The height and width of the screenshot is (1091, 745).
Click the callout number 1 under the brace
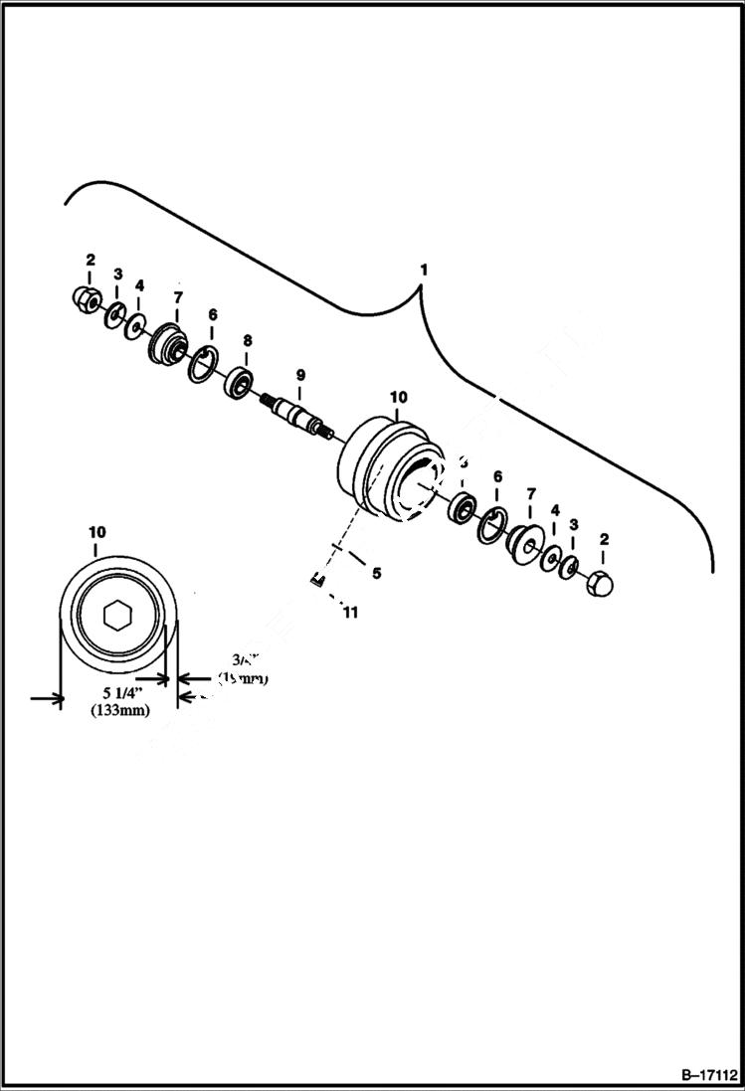click(x=424, y=270)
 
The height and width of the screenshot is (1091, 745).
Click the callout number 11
click(x=349, y=613)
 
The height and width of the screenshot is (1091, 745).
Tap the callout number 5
click(x=376, y=573)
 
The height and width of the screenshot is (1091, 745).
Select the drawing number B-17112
click(x=710, y=1075)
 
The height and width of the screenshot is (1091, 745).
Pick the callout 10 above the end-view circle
click(x=96, y=532)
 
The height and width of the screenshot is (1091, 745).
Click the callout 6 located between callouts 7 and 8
click(x=212, y=313)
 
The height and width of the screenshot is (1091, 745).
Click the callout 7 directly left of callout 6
click(x=178, y=297)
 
